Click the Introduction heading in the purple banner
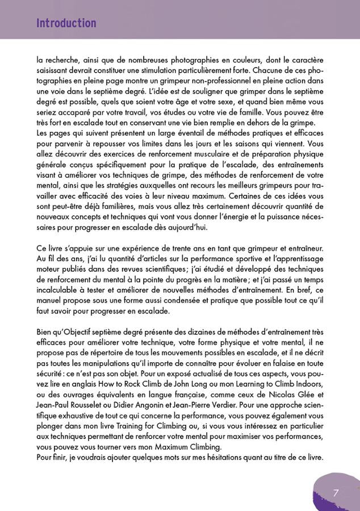pos(66,23)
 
